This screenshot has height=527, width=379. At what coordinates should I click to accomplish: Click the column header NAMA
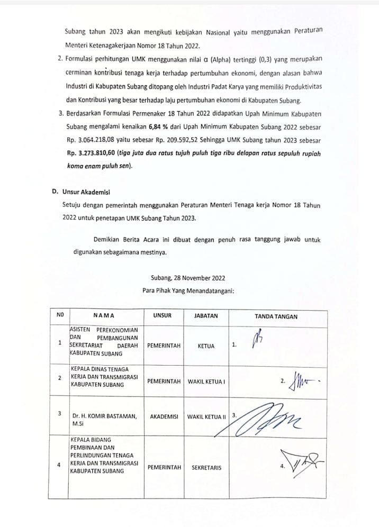tap(104, 316)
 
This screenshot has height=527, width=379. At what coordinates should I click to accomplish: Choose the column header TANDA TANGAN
tap(276, 316)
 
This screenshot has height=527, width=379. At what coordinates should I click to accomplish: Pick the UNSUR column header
tap(162, 316)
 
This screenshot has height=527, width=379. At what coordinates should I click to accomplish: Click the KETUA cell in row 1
tap(205, 346)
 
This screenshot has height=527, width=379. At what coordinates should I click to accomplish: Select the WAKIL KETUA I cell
tap(206, 380)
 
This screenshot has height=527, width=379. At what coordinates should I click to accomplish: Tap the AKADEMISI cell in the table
tap(163, 416)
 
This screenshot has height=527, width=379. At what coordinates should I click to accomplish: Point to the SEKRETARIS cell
tap(206, 467)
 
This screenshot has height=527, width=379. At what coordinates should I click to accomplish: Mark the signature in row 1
tap(258, 340)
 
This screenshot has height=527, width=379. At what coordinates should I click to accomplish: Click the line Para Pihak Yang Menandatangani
tap(188, 289)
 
